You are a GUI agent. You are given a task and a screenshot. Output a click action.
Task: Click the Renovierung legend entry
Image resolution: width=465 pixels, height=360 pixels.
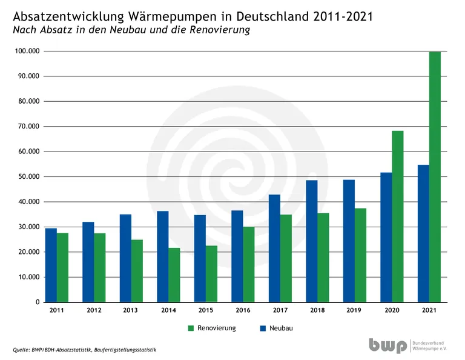(x=211, y=328)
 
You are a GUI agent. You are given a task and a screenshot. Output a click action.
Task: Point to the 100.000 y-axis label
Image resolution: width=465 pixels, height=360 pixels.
(x=26, y=51)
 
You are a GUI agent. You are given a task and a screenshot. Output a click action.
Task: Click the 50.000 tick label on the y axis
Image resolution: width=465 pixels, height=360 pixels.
(x=28, y=176)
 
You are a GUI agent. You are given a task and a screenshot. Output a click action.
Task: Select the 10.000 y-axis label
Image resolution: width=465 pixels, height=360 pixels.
(x=28, y=277)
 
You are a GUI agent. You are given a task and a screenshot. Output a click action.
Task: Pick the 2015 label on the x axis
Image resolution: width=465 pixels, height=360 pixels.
(x=205, y=310)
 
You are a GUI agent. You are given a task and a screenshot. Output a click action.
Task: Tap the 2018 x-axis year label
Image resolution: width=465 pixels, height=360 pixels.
(x=317, y=310)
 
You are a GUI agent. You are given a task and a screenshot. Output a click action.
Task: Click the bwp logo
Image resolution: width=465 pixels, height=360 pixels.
(x=387, y=345)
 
